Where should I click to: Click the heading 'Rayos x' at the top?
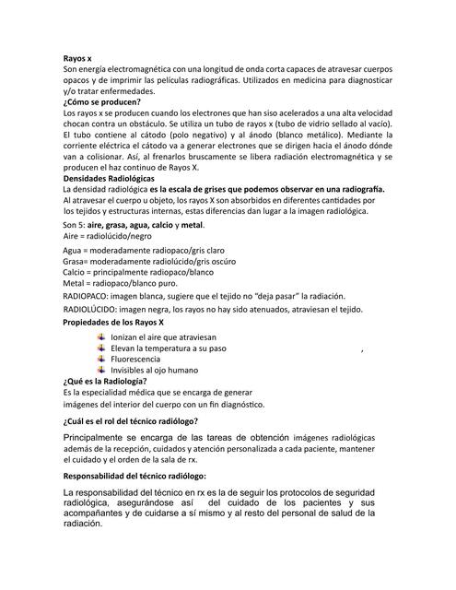77,58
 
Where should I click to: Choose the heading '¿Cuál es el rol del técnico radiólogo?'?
139,420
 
